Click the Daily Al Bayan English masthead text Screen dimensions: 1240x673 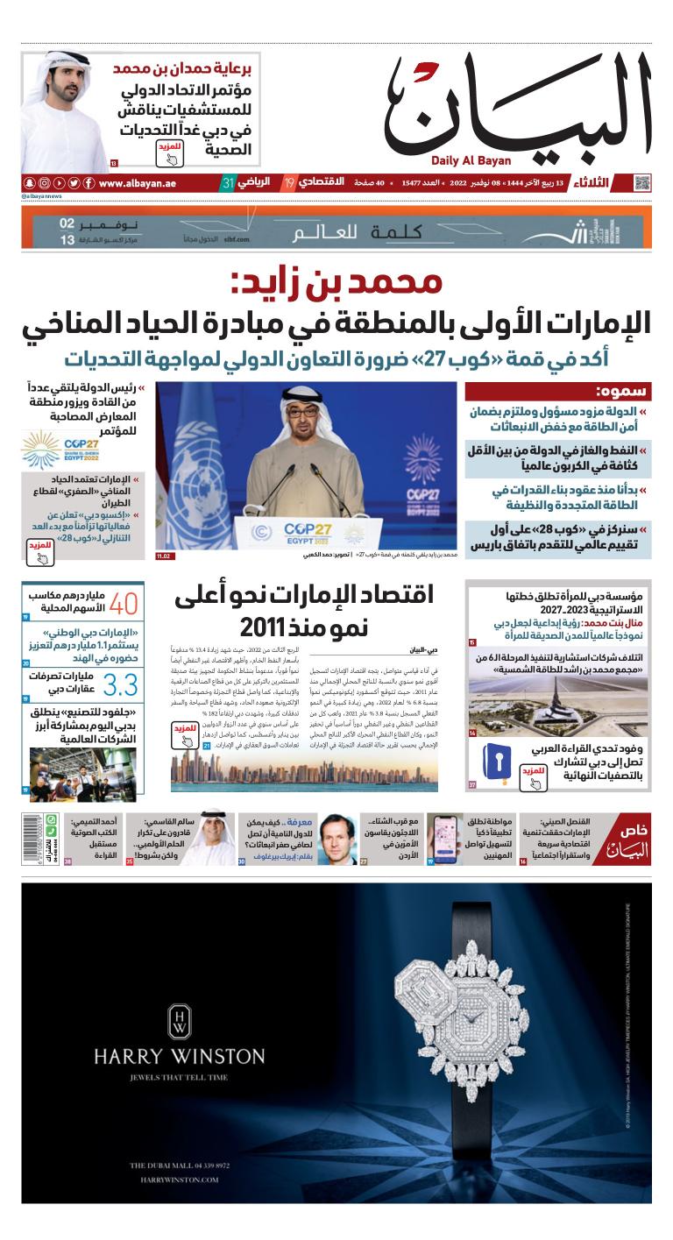point(471,160)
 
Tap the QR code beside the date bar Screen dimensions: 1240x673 point(642,183)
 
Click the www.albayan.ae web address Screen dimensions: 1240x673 point(138,183)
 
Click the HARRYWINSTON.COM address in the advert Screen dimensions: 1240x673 point(180,1180)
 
